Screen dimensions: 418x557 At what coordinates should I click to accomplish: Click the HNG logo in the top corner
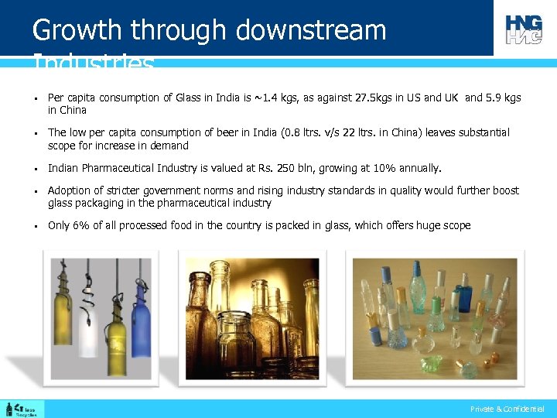pyautogui.click(x=524, y=29)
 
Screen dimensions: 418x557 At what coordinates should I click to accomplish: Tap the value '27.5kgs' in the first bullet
pyautogui.click(x=374, y=98)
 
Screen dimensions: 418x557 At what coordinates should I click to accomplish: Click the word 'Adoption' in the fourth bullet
pyautogui.click(x=70, y=190)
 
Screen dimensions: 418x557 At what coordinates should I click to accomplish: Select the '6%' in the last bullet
pyautogui.click(x=81, y=226)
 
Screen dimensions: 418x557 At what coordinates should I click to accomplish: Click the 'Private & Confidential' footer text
pyautogui.click(x=507, y=409)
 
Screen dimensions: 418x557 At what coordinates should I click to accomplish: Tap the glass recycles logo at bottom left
pyautogui.click(x=24, y=408)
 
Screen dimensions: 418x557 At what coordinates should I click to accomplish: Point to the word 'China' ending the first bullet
pyautogui.click(x=67, y=111)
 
